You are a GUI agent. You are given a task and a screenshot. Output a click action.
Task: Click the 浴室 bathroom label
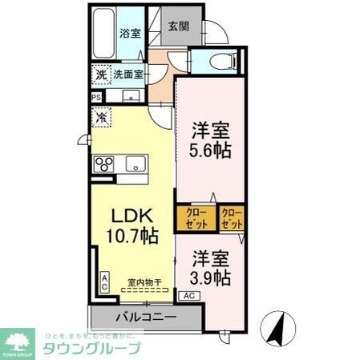[130, 33]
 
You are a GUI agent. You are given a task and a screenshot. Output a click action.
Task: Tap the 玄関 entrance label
[178, 26]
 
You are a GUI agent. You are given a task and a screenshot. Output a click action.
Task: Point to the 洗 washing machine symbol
[100, 74]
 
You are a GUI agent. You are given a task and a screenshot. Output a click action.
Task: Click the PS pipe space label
[97, 98]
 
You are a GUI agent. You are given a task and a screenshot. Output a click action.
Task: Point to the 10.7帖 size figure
[130, 237]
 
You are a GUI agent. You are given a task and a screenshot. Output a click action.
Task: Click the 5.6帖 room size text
[211, 150]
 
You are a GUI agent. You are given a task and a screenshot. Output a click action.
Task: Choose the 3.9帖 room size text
[211, 277]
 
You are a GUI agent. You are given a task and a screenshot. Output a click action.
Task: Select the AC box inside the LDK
[104, 281]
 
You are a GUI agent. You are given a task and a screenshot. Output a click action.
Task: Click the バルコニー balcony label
[145, 318]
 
